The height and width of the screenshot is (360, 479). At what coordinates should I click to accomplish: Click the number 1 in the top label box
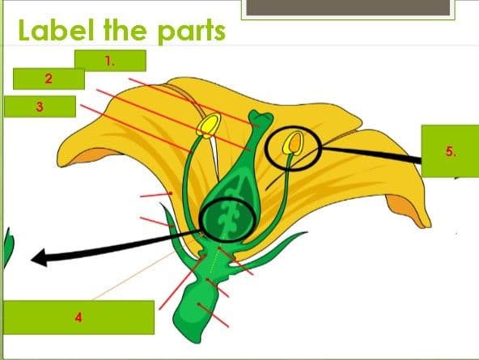point(109,61)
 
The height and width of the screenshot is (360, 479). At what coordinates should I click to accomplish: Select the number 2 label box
point(49,78)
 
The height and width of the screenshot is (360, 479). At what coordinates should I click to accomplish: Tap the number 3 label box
point(40,107)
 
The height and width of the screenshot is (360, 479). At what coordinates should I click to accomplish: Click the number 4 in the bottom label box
point(78,318)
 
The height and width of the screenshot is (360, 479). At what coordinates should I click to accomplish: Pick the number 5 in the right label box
point(451,151)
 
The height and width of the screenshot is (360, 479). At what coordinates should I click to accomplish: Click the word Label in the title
point(56,30)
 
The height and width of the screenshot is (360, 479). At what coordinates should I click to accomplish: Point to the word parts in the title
point(192,32)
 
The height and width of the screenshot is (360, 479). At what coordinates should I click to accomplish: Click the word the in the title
point(125,30)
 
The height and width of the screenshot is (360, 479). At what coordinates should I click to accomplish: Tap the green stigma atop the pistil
point(261,118)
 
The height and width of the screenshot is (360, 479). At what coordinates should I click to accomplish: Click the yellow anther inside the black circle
point(293,143)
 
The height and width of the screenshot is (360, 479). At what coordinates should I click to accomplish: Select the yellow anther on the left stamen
point(209,125)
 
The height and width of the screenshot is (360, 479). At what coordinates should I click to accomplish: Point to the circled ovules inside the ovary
point(227,220)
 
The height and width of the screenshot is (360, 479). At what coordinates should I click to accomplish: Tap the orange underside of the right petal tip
point(408,210)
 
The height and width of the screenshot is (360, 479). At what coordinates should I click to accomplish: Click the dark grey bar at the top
point(348,7)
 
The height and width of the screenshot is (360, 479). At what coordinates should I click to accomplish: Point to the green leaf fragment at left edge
point(9,248)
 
